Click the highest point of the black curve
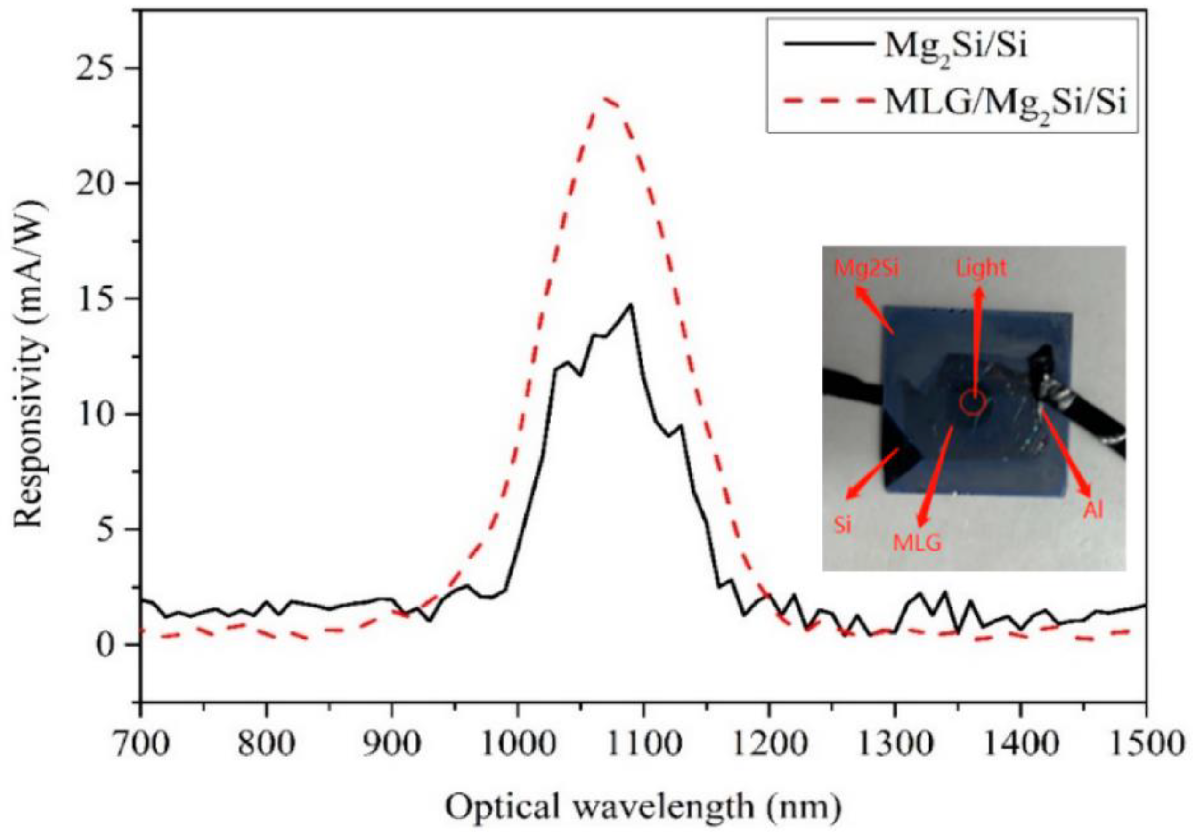tap(630, 304)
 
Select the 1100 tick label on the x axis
tap(644, 744)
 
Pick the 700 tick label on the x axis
tap(141, 744)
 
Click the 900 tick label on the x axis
tap(392, 744)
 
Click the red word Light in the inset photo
tap(981, 269)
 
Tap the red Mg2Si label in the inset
tap(867, 269)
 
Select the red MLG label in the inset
tap(917, 543)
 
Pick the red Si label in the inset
tap(843, 525)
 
